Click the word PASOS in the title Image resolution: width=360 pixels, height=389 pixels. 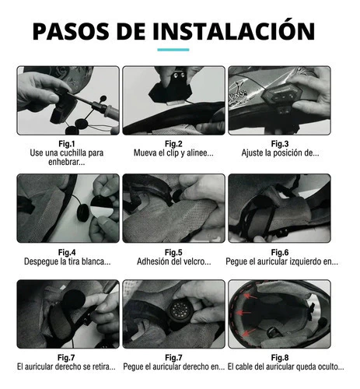(x=71, y=31)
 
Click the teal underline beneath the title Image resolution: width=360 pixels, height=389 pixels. (x=173, y=50)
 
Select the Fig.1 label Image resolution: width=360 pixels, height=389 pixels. (x=67, y=144)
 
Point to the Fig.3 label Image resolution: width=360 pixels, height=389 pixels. (x=280, y=144)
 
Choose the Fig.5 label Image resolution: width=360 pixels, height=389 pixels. (x=173, y=252)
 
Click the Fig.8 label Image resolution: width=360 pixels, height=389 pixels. (x=280, y=358)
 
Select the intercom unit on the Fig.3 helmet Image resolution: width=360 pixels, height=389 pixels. (x=282, y=94)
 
